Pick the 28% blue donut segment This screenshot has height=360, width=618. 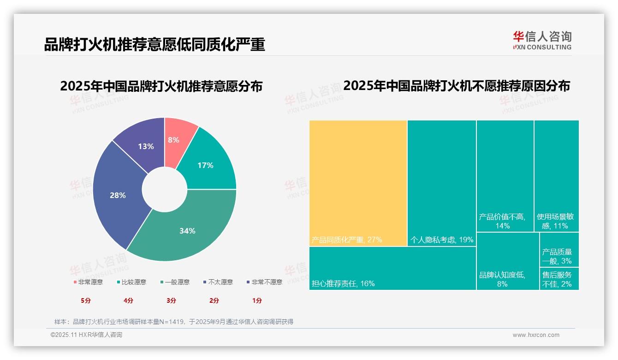coord(118,195)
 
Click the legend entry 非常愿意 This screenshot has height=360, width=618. coord(88,282)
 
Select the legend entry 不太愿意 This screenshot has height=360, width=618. coord(218,282)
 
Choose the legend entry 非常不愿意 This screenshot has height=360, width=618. coord(264,282)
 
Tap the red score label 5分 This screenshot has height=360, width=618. coord(86,300)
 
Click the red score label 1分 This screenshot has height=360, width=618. coord(257,300)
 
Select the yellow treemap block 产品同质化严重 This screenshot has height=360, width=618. coord(358,183)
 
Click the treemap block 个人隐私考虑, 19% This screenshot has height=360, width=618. coord(441,183)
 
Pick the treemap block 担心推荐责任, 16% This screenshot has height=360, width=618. coord(392,268)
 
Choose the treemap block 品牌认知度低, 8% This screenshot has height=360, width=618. coord(507,261)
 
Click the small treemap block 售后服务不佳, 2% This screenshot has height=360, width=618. coord(559,279)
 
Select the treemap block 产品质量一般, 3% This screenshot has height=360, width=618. coord(559,250)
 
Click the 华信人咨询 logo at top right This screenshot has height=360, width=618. coord(542,40)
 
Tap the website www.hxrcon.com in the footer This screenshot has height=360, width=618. coord(536,335)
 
